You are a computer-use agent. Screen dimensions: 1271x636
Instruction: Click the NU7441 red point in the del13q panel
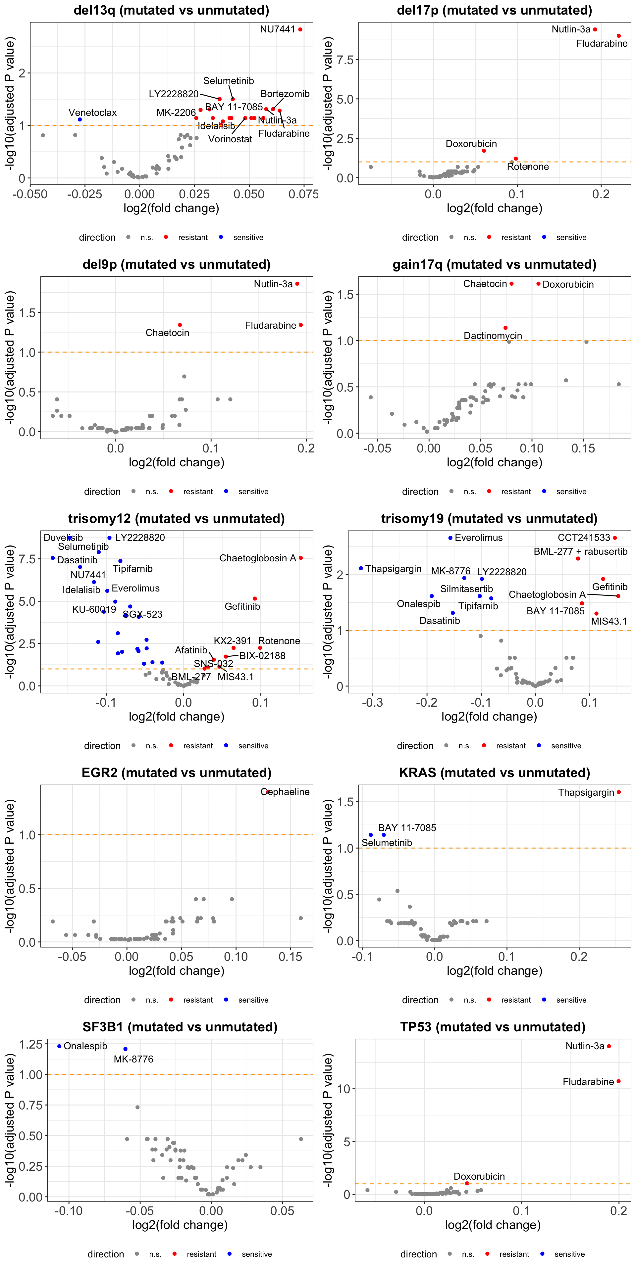tap(300, 29)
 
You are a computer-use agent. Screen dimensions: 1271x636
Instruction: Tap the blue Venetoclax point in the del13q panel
tap(80, 120)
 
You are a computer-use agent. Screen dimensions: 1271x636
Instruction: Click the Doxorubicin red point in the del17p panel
tap(484, 151)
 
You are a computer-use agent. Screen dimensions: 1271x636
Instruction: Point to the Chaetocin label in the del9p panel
tap(167, 333)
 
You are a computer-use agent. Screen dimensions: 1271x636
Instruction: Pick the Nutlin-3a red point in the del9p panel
tap(297, 284)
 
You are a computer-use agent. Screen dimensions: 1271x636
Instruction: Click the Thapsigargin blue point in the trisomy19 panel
tap(361, 568)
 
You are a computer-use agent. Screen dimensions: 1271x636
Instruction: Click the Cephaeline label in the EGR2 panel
tap(286, 792)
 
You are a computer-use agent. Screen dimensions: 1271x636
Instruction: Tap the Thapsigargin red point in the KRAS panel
tap(619, 792)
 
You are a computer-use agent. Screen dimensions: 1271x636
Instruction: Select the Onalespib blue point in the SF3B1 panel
tap(59, 1046)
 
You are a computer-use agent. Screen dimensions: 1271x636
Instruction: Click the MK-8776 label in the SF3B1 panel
tap(133, 1059)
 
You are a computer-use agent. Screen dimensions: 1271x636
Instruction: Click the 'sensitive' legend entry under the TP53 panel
tap(569, 1254)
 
